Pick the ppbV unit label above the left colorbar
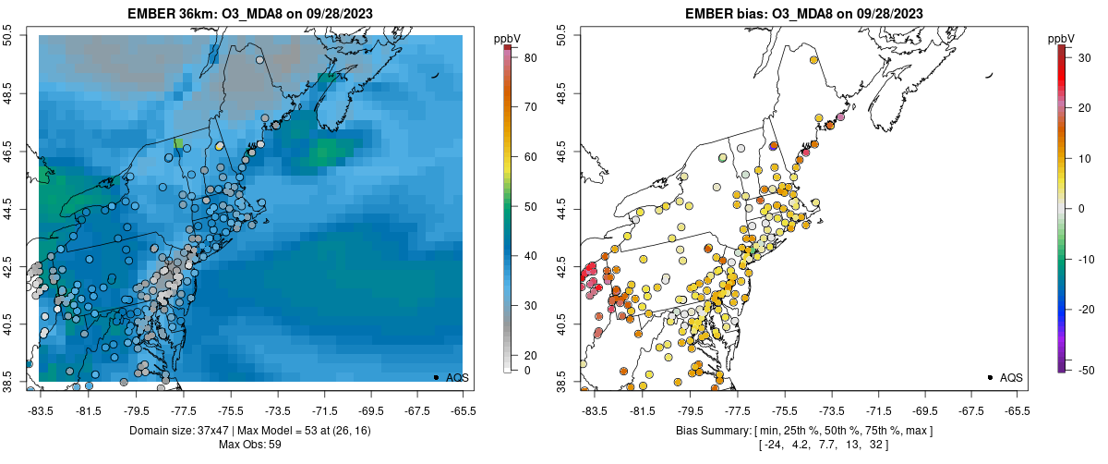pyautogui.click(x=509, y=39)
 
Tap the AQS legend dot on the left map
pyautogui.click(x=436, y=377)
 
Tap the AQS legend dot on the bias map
pyautogui.click(x=990, y=377)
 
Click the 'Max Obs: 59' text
pyautogui.click(x=251, y=445)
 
